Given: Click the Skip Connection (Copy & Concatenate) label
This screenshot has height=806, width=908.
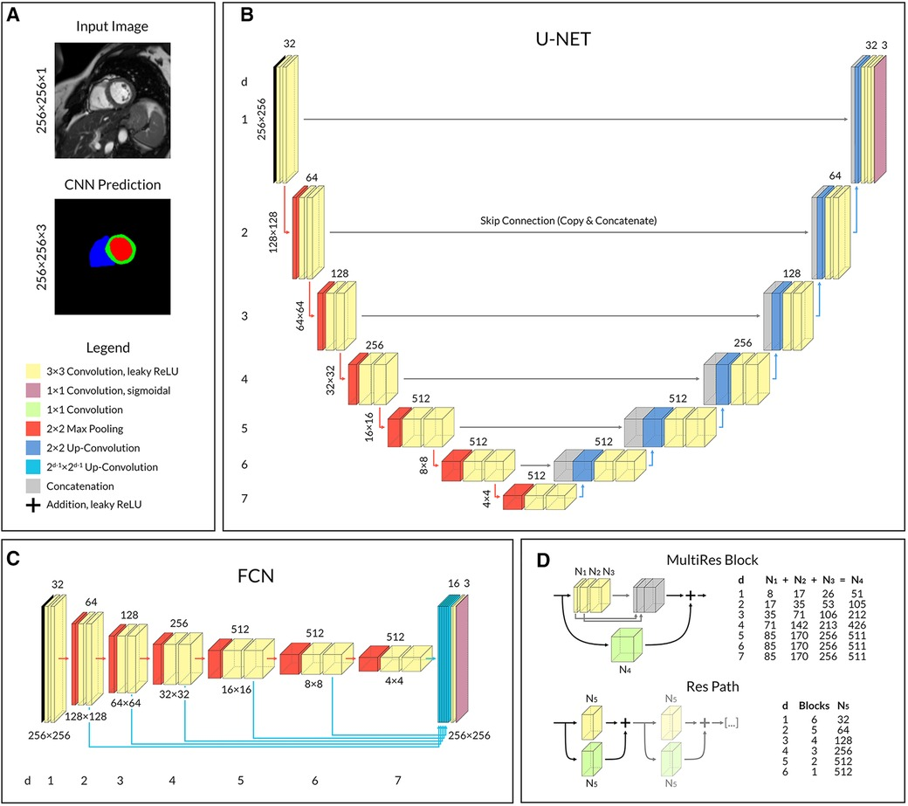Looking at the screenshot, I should coord(567,223).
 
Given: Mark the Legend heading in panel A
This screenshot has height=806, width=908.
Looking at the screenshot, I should coord(109,347).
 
